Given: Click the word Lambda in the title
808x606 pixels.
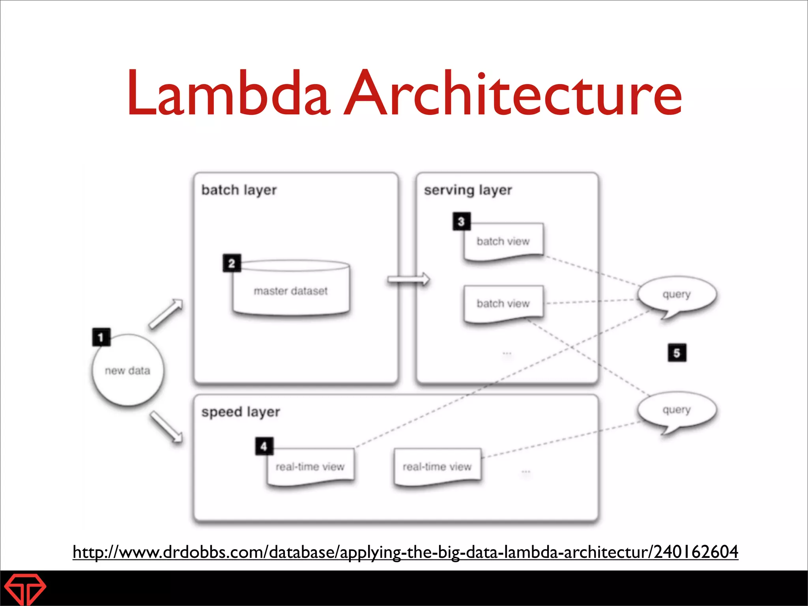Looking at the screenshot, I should click(x=228, y=94).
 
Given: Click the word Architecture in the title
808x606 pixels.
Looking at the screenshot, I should click(x=512, y=94).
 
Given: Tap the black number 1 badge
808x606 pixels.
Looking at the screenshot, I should click(x=101, y=337).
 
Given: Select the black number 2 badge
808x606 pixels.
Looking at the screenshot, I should click(x=232, y=263).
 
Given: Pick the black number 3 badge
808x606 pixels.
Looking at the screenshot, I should click(x=461, y=222).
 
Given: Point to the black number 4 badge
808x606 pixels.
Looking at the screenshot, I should click(x=264, y=446).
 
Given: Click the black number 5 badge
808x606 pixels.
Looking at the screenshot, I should click(x=677, y=353).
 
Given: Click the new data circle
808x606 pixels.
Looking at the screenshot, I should click(x=127, y=370).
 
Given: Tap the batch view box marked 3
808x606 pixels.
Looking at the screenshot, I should click(x=503, y=241).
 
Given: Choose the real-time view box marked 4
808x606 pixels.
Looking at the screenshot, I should click(x=310, y=467).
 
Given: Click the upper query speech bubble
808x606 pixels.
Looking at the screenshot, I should click(x=676, y=295).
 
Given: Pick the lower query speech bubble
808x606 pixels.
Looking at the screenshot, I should click(x=676, y=410).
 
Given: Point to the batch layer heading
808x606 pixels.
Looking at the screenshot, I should click(x=239, y=190).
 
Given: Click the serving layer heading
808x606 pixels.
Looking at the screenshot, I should click(x=468, y=190).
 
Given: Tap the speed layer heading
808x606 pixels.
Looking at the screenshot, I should click(x=241, y=412).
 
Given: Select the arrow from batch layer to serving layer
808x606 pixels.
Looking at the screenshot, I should click(x=408, y=279).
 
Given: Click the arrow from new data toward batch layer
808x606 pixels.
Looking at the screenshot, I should click(x=166, y=314).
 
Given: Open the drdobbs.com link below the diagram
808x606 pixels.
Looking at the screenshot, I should click(x=405, y=552).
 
